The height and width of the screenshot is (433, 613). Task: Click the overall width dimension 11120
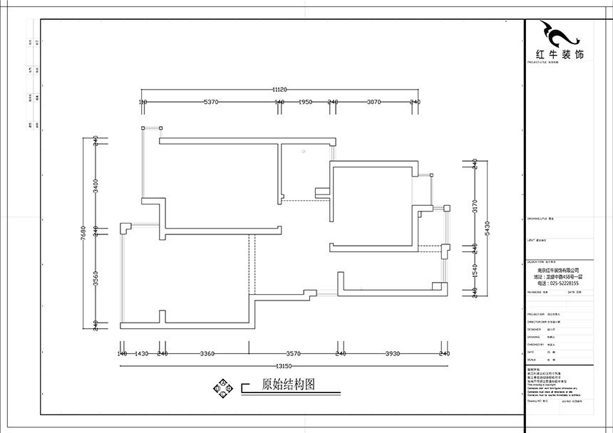(279, 90)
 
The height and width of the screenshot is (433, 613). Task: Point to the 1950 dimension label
(305, 103)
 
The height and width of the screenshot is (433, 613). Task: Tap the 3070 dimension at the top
(375, 103)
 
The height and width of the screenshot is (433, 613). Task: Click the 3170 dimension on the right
(475, 207)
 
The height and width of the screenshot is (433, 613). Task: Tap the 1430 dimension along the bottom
(141, 353)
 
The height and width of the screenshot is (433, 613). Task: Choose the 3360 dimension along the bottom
(207, 353)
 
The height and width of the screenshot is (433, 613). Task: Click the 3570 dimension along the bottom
(294, 353)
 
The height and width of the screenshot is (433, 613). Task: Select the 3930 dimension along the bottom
(393, 353)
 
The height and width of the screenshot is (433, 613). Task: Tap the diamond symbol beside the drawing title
(222, 387)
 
